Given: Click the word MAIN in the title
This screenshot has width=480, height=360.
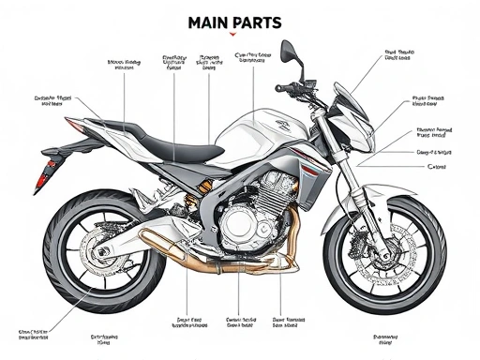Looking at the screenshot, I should [211, 20].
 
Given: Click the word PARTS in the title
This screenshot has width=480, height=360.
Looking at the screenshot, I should [259, 20].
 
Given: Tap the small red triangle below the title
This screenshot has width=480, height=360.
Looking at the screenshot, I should [232, 34].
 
